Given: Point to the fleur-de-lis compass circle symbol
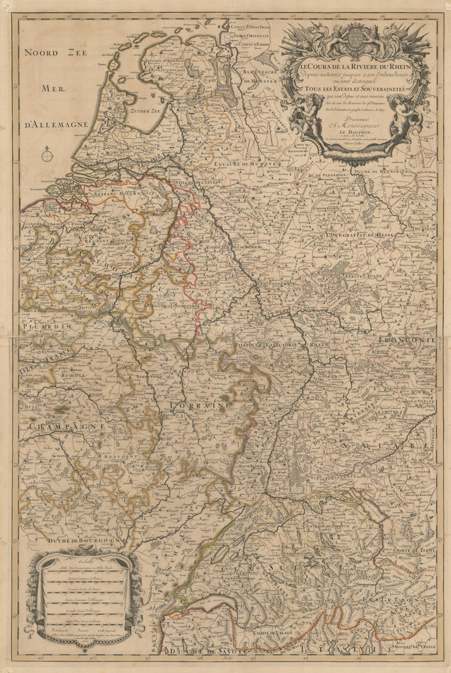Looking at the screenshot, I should coord(48,155).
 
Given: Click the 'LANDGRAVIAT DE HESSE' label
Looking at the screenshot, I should coord(359,235).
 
